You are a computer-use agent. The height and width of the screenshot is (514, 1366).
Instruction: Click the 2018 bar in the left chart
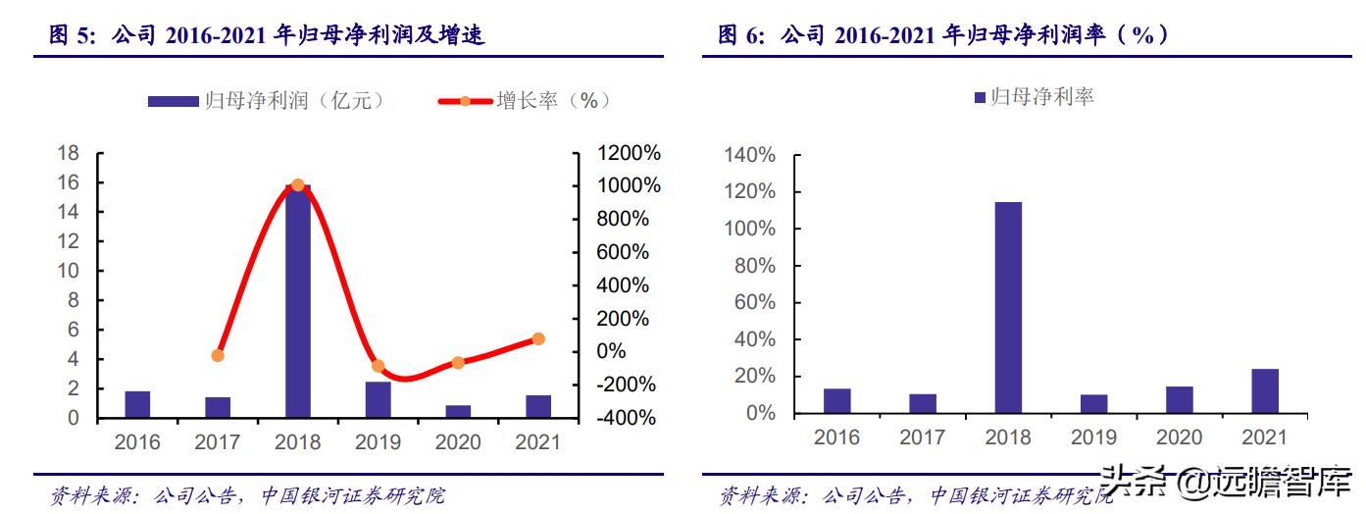coord(297,300)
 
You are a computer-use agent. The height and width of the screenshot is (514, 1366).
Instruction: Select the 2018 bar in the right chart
coord(1008,307)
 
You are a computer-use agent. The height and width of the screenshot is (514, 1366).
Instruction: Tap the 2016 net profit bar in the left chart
coord(137,404)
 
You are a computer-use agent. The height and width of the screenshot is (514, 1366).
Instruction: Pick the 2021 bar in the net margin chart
coord(1265,390)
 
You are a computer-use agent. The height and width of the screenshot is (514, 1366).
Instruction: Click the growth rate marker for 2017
coord(218,355)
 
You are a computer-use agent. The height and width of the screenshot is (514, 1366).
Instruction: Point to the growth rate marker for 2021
coord(538,339)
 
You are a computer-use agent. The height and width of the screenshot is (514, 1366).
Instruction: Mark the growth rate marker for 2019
coord(378,366)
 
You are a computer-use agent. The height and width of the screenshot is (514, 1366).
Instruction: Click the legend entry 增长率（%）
coord(525,100)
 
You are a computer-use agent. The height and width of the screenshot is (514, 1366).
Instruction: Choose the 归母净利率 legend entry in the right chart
coord(1034,96)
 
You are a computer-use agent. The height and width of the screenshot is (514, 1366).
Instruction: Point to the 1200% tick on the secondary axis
coord(630,153)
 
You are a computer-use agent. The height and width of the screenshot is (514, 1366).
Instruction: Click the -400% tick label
coord(628,418)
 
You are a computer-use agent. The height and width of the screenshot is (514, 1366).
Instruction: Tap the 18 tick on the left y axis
coord(69,153)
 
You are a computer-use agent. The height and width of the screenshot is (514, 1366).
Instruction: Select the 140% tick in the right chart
coord(749,155)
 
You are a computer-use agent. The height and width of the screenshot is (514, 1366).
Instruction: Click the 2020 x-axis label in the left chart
coord(458,442)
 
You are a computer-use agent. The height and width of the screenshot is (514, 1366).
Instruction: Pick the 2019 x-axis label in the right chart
coord(1093,437)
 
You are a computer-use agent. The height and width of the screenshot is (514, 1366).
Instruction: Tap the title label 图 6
coord(743,36)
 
